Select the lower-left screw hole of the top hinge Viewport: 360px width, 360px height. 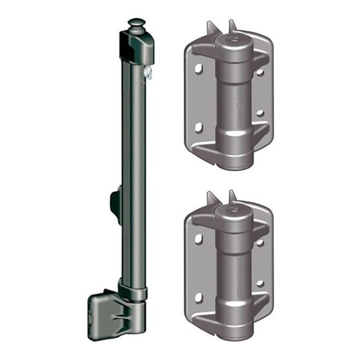(x=199, y=128)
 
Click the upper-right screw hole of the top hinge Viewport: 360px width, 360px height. (x=260, y=72)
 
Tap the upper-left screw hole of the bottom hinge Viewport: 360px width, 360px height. (x=199, y=238)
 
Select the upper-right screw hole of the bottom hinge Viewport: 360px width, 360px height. (x=260, y=242)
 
